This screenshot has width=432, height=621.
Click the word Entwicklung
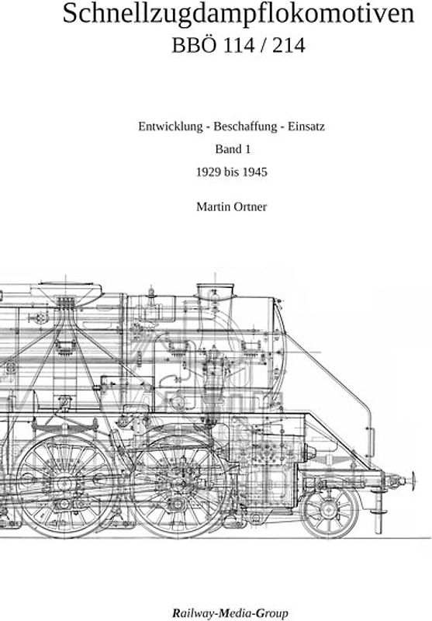pos(170,127)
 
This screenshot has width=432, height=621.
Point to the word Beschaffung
pos(245,127)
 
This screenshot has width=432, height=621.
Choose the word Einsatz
pos(306,127)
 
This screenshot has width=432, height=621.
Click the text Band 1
pos(233,149)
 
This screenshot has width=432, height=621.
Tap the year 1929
pos(209,172)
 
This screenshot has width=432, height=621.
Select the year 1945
pos(254,172)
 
